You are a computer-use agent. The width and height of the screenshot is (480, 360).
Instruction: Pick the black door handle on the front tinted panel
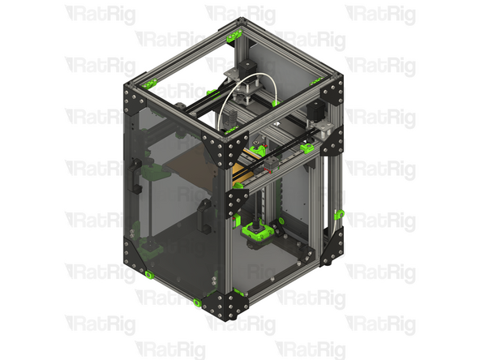tap(202, 215)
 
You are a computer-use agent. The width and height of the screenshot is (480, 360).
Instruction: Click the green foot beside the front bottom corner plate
tap(196, 302)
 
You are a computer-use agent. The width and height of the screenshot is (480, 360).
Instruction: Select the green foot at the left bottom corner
tap(149, 276)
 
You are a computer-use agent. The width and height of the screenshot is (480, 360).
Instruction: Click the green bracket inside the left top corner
tap(149, 84)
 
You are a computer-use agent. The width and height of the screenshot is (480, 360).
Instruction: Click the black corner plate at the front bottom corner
tap(223, 304)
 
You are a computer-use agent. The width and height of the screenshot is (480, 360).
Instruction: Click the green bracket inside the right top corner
tap(309, 148)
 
